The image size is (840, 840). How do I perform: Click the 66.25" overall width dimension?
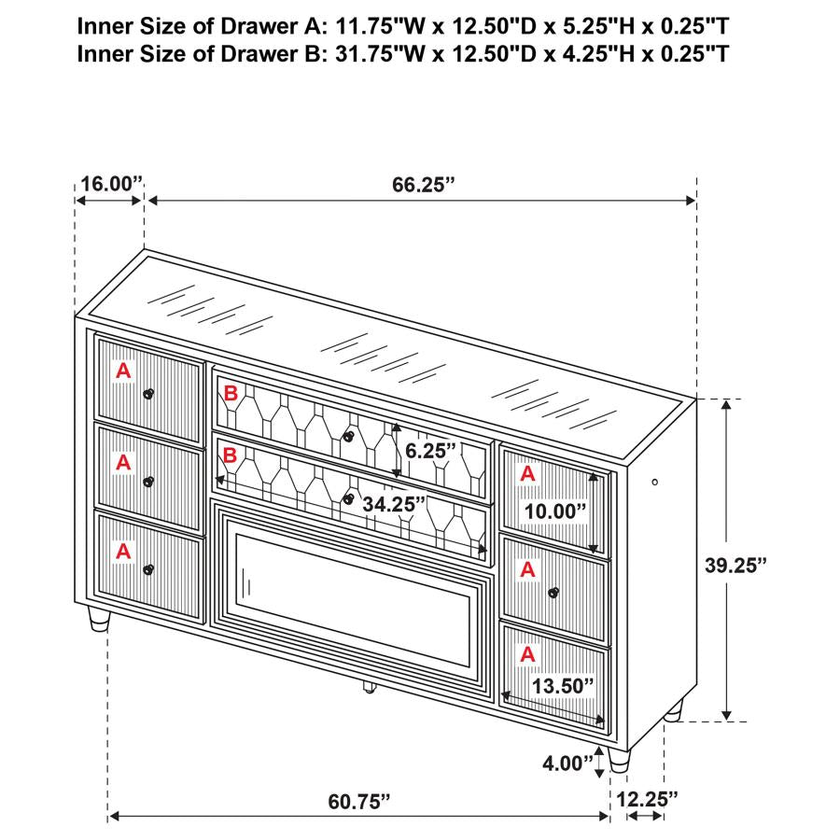pyautogui.click(x=423, y=184)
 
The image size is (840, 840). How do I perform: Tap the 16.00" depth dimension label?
pyautogui.click(x=109, y=184)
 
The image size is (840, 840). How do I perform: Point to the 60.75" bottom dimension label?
pyautogui.click(x=358, y=801)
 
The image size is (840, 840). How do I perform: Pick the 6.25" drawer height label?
pyautogui.click(x=430, y=450)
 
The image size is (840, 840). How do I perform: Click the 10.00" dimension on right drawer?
pyautogui.click(x=554, y=511)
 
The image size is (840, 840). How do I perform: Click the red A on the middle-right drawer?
pyautogui.click(x=527, y=568)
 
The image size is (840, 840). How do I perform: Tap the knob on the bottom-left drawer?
pyautogui.click(x=147, y=568)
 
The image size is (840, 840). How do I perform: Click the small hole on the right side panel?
pyautogui.click(x=655, y=482)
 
